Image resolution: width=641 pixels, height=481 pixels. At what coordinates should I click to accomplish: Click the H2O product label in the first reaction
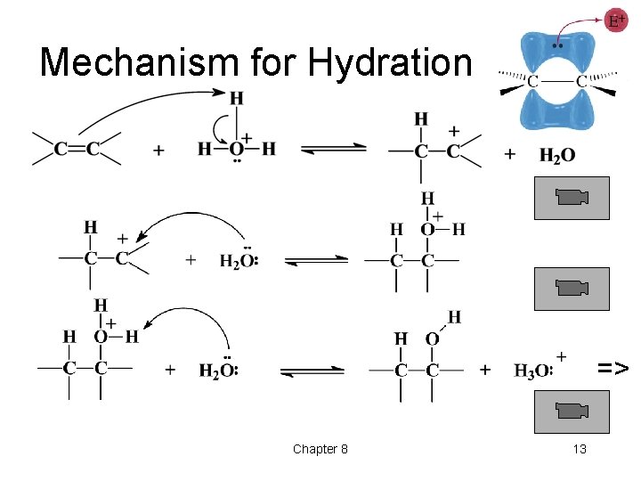click(x=557, y=155)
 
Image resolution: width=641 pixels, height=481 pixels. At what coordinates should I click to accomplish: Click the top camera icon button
click(x=571, y=197)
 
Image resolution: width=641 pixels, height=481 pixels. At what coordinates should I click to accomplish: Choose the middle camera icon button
click(x=571, y=288)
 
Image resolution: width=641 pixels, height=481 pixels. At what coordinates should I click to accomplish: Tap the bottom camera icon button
click(x=571, y=411)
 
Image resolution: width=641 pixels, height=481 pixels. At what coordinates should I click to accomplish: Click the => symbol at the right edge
click(x=613, y=368)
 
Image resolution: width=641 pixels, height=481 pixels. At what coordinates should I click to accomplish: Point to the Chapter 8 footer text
click(x=320, y=449)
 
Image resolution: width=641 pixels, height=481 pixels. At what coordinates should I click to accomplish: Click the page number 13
click(x=580, y=449)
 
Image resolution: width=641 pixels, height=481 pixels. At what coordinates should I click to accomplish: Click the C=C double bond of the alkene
click(x=77, y=150)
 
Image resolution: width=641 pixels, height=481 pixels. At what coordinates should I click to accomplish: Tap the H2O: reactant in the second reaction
click(x=239, y=259)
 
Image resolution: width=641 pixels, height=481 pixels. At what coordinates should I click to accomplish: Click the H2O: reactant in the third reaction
click(x=218, y=369)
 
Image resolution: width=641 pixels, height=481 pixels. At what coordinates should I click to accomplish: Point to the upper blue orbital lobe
click(x=556, y=54)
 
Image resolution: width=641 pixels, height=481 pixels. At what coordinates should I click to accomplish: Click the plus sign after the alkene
click(x=158, y=151)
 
